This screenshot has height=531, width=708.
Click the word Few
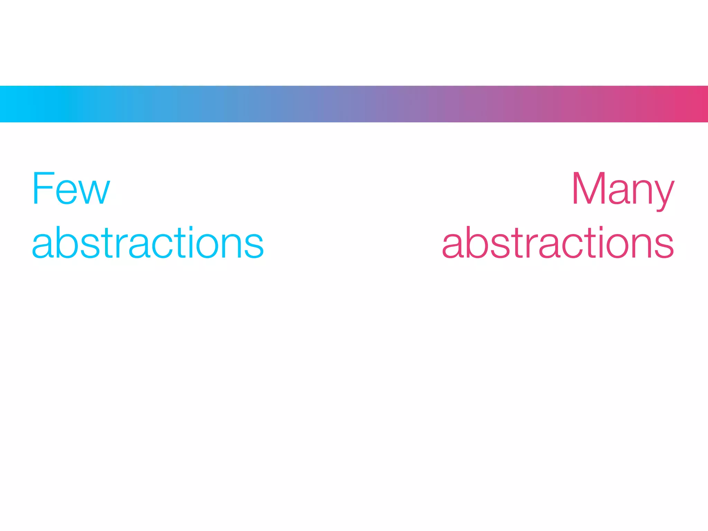[71, 188]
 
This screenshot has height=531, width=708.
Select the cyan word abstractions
[148, 243]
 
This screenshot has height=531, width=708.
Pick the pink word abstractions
[558, 243]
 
